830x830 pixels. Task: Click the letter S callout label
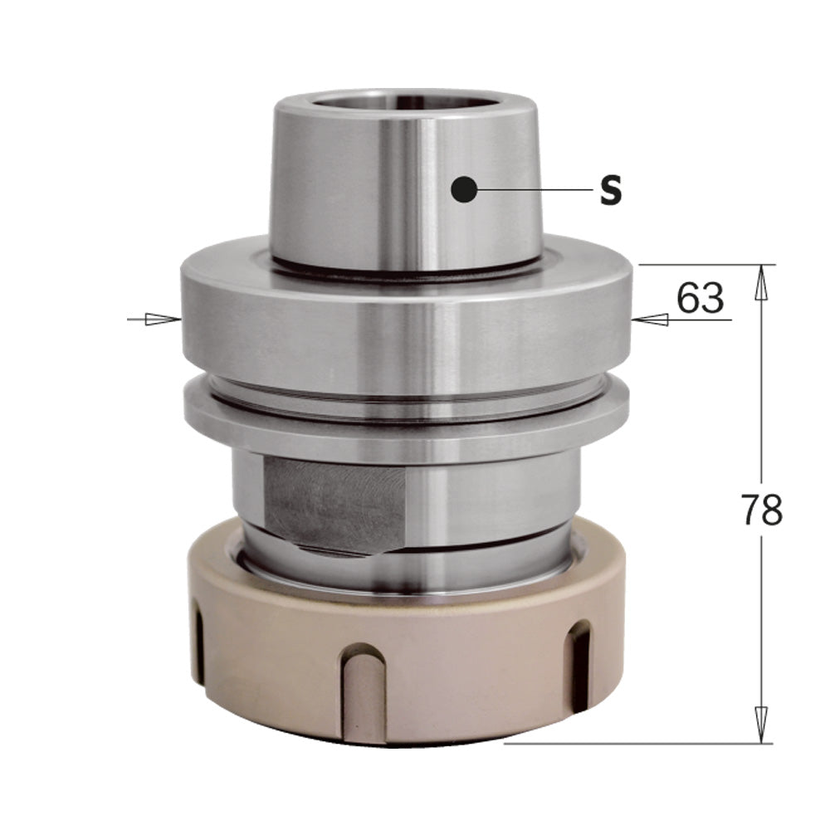(x=611, y=191)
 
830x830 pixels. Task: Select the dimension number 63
(x=700, y=297)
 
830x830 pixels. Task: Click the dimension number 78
(x=760, y=511)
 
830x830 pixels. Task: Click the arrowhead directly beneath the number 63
(x=654, y=319)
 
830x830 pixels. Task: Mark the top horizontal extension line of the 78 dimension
(x=705, y=265)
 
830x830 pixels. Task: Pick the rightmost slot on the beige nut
(x=578, y=656)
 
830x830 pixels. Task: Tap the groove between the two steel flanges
(x=407, y=390)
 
